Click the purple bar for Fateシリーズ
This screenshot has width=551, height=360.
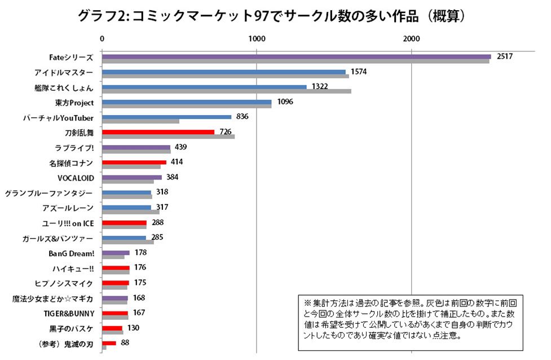click(x=296, y=56)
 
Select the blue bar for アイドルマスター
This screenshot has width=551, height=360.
click(x=223, y=72)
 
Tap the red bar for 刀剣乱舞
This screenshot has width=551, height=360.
click(x=158, y=132)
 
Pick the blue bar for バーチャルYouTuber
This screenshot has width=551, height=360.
click(x=166, y=117)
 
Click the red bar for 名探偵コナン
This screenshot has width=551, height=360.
click(x=134, y=162)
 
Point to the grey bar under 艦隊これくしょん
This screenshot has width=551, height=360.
click(x=226, y=91)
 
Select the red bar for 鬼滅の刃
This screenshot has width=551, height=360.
click(x=109, y=343)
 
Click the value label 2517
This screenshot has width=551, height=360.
click(x=503, y=57)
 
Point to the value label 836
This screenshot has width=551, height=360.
click(x=243, y=117)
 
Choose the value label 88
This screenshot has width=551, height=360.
click(x=125, y=343)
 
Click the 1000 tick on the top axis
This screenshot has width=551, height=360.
click(x=257, y=38)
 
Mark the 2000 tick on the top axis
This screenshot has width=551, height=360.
click(x=411, y=38)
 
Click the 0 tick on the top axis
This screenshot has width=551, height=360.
click(x=102, y=38)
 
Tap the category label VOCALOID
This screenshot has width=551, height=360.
click(x=76, y=178)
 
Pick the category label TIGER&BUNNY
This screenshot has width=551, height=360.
click(x=69, y=313)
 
